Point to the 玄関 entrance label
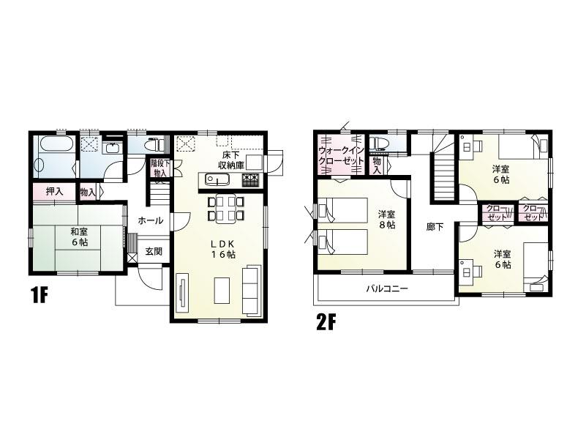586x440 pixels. tap(154, 253)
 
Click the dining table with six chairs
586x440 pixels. tap(226, 208)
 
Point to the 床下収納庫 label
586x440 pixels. tap(228, 159)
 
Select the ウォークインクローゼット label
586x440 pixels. tap(340, 155)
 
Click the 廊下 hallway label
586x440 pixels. tap(435, 227)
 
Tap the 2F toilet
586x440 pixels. tap(377, 143)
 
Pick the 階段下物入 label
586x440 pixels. tap(160, 168)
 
